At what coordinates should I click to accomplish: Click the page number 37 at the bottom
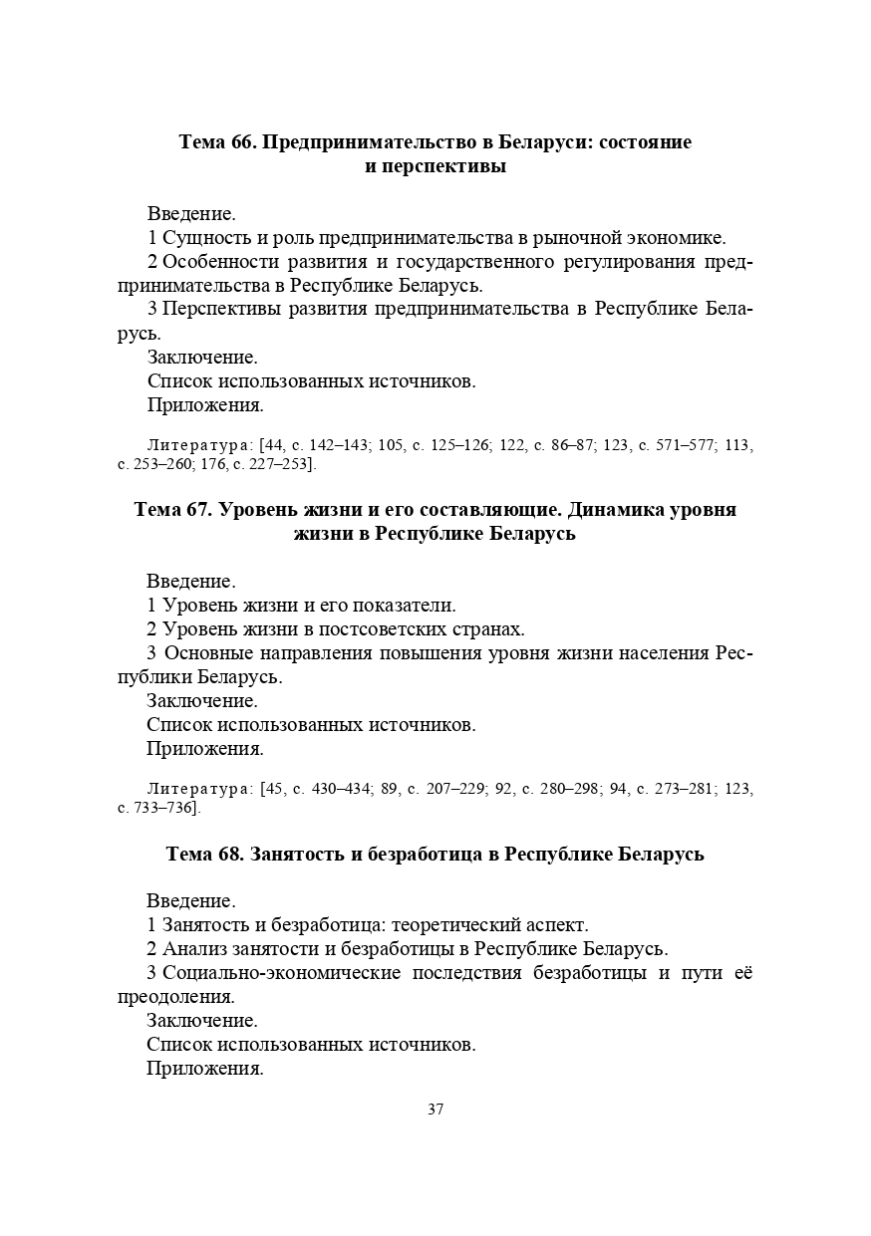point(435,1110)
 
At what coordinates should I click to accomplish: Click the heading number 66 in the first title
point(242,142)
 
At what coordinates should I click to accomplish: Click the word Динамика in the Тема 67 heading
point(615,510)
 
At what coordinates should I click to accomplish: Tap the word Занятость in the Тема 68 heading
point(295,855)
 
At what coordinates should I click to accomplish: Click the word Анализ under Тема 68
point(192,949)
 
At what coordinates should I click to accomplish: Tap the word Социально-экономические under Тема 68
point(281,973)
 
